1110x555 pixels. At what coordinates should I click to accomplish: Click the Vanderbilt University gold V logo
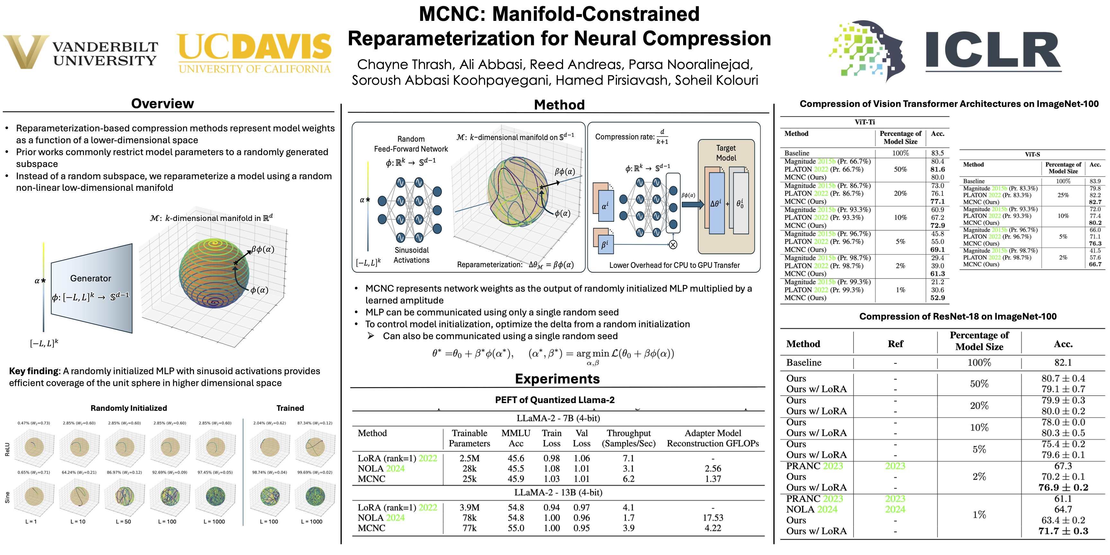(x=26, y=52)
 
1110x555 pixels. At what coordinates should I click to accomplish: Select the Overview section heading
(x=163, y=103)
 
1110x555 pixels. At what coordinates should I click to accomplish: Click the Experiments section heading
(x=557, y=378)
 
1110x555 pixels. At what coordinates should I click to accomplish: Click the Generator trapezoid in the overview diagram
(x=91, y=288)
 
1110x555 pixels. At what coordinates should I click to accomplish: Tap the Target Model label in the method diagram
(x=726, y=153)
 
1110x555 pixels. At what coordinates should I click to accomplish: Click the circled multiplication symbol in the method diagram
(x=673, y=245)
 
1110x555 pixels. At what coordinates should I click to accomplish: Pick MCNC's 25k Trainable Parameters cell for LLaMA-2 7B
(x=469, y=479)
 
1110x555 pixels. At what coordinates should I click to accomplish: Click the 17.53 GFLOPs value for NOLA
(x=713, y=517)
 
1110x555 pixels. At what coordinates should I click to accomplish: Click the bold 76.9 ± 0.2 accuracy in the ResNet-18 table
(x=1063, y=487)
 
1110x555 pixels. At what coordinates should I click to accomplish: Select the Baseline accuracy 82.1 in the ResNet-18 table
(x=1063, y=362)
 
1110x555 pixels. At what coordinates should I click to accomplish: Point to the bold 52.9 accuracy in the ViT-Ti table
(x=937, y=298)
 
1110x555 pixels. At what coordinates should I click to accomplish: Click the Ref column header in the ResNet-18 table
(x=895, y=344)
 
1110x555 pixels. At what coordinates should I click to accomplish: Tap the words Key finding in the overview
(x=34, y=371)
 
